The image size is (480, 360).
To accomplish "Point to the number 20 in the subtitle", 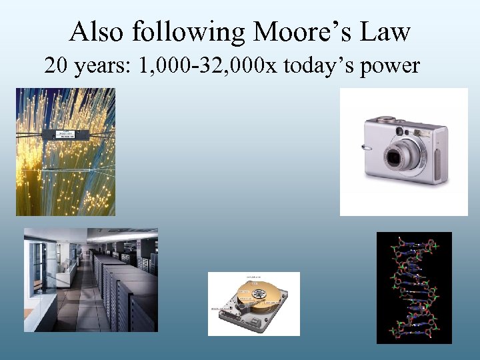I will point(57,65).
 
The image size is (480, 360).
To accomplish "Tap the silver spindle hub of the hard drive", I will point(253,293).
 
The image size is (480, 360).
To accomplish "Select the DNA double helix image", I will point(414,287).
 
